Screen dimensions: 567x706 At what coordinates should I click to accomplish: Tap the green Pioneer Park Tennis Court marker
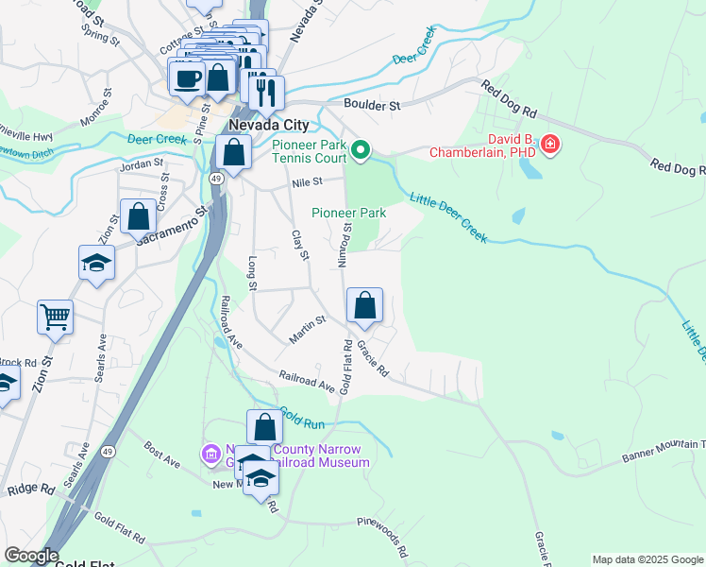point(360,150)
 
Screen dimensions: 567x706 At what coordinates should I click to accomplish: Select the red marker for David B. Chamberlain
point(549,146)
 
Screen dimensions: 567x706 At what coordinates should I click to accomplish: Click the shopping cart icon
point(56,318)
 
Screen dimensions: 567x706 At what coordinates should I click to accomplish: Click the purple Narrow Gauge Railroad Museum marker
point(210,455)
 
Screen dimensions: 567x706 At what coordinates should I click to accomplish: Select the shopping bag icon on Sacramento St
point(139,216)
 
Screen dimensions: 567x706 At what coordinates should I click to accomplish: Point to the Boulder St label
point(373,106)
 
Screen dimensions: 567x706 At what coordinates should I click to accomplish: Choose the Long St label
point(252,267)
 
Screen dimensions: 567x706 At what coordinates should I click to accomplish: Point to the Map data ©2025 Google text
point(647,559)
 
